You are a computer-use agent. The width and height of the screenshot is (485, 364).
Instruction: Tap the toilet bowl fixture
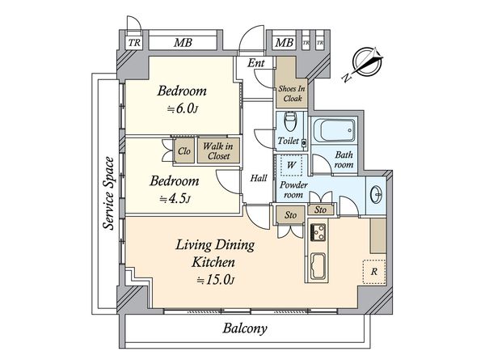pyautogui.click(x=290, y=121)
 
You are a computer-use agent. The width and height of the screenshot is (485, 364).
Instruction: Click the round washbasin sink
pyautogui.click(x=376, y=194)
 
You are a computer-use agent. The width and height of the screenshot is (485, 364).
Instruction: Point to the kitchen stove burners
pyautogui.click(x=318, y=232)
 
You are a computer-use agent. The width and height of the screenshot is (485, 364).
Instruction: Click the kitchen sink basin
pyautogui.click(x=318, y=266)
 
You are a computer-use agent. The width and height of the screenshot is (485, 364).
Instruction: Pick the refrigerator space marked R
pyautogui.click(x=374, y=272)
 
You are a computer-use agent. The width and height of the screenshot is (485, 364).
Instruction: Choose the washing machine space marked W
pyautogui.click(x=291, y=165)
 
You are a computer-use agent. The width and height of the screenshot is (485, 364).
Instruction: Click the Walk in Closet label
pyautogui.click(x=219, y=150)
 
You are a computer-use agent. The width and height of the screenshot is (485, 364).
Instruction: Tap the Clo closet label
pyautogui.click(x=184, y=151)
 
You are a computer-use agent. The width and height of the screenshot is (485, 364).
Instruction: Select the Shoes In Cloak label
pyautogui.click(x=292, y=94)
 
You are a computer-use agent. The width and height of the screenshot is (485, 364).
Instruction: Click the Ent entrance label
pyautogui.click(x=255, y=63)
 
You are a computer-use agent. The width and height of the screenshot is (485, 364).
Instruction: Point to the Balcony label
pyautogui.click(x=245, y=328)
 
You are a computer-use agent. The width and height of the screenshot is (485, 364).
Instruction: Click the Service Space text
pyautogui.click(x=109, y=193)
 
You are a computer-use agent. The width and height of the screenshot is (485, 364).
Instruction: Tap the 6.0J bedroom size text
pyautogui.click(x=182, y=109)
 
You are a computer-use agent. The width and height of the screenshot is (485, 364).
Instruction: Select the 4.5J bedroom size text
pyautogui.click(x=175, y=199)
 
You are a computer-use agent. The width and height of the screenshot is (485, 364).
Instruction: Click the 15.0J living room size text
pyautogui.click(x=216, y=280)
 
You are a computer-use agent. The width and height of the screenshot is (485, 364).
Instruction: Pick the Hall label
pyautogui.click(x=259, y=178)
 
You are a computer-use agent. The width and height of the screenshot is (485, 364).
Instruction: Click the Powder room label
pyautogui.click(x=293, y=190)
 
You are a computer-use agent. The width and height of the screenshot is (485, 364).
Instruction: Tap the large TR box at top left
pyautogui.click(x=134, y=42)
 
